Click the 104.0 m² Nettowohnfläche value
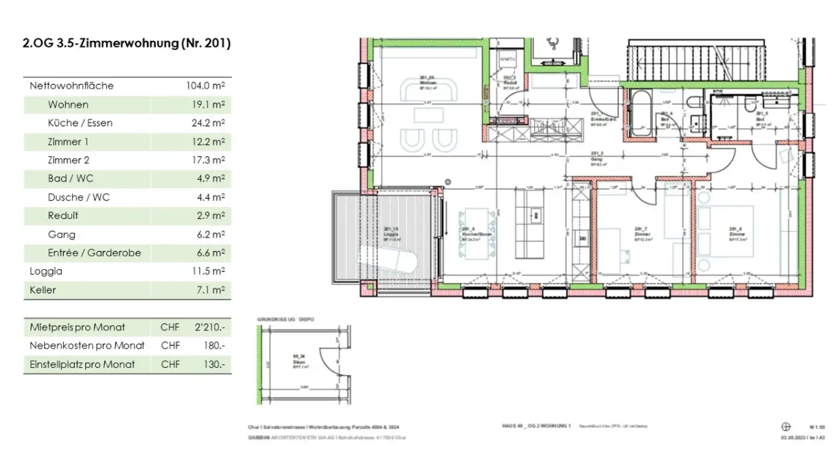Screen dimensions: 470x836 click(205, 86)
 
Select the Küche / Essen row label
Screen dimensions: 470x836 click(80, 123)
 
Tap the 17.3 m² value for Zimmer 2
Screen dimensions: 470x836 click(210, 160)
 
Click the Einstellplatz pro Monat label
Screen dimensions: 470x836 click(82, 364)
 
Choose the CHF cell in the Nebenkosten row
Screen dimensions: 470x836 click(170, 346)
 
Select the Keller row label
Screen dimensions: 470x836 click(43, 290)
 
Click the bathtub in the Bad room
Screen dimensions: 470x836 click(642, 113)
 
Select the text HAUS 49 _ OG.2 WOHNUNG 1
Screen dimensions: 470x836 click(536, 426)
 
